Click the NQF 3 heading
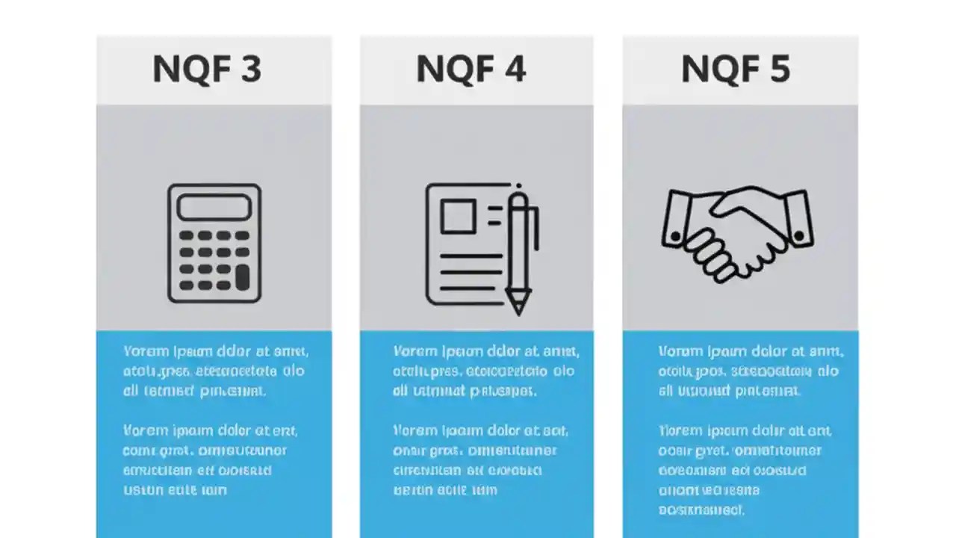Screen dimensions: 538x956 point(207,69)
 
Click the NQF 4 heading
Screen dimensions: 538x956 point(471,69)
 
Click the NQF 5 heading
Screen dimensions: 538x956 point(735,69)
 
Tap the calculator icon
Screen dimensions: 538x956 point(214,243)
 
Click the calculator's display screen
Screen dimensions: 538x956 point(214,207)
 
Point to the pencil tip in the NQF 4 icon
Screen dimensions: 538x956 point(517,307)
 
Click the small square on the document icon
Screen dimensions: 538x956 point(458,217)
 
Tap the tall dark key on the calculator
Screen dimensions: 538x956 point(242,278)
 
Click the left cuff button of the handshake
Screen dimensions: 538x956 point(676,237)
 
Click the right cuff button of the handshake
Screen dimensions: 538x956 point(800,237)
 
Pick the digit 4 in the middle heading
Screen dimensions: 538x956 point(514,69)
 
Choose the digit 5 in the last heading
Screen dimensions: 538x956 point(778,69)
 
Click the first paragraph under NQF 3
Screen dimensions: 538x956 point(214,371)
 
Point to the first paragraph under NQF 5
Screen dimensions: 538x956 point(750,371)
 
